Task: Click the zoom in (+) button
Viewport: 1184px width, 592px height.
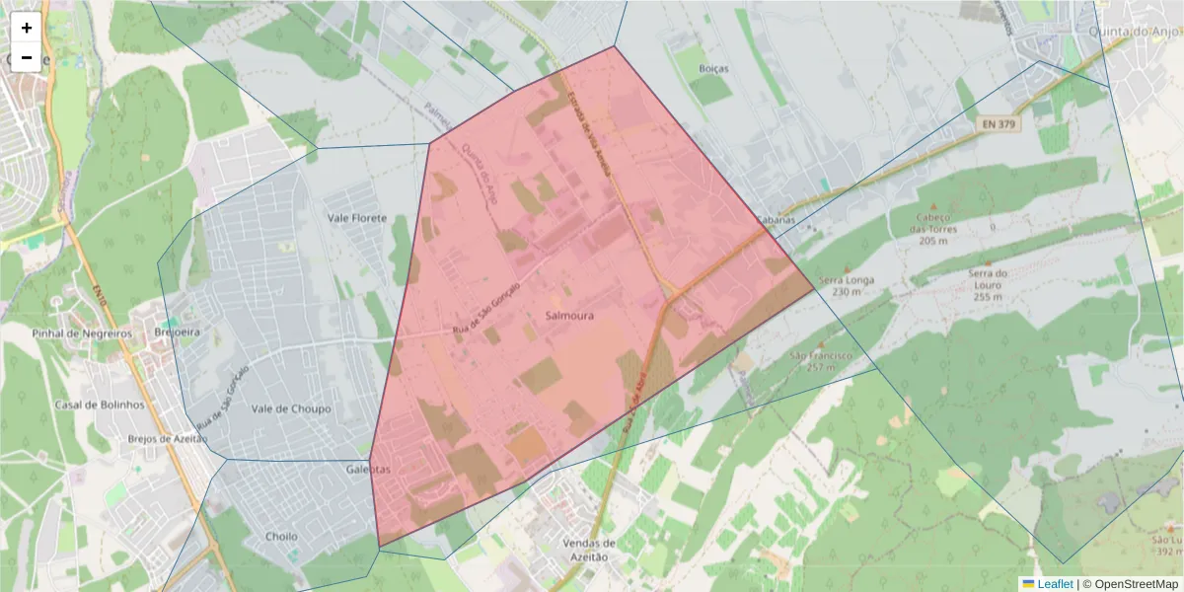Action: click(x=27, y=28)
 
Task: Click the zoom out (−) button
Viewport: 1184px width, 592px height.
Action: click(x=27, y=57)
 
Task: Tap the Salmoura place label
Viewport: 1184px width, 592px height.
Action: click(x=569, y=316)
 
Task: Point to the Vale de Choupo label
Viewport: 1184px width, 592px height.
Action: click(x=291, y=408)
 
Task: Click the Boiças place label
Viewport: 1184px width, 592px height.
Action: click(x=712, y=69)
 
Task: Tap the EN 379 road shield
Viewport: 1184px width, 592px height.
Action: click(x=999, y=124)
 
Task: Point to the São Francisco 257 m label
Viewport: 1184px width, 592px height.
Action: click(x=820, y=360)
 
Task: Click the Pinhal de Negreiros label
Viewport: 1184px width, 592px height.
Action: click(x=82, y=333)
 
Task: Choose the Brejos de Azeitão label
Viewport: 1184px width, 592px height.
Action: click(x=168, y=439)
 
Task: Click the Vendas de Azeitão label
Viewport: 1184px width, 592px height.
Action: click(x=589, y=550)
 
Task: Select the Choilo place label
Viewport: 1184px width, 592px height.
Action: click(x=282, y=537)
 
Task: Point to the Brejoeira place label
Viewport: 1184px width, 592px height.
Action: click(x=178, y=333)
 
